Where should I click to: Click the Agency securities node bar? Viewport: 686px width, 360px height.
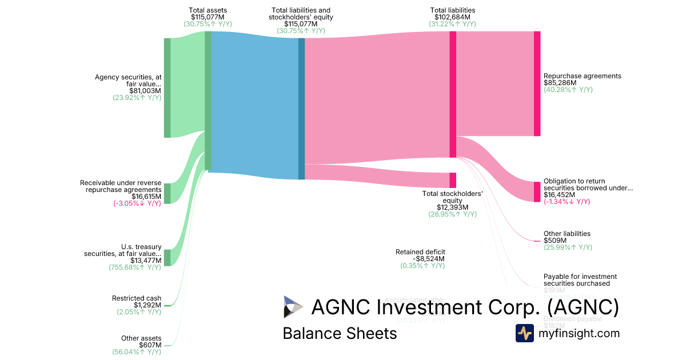(x=167, y=87)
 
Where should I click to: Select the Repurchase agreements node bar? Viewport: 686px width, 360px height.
(x=537, y=83)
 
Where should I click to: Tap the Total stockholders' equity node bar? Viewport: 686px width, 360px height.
(x=453, y=180)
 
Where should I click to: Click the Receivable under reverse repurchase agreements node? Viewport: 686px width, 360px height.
(x=167, y=193)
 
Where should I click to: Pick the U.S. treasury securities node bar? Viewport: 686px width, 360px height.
(x=167, y=258)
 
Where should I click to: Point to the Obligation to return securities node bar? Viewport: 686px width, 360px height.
(x=537, y=191)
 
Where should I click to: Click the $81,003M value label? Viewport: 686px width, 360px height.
(x=145, y=90)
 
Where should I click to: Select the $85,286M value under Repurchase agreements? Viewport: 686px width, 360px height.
(x=560, y=83)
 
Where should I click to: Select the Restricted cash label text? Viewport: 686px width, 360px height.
(x=137, y=298)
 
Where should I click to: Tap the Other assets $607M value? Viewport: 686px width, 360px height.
(x=150, y=345)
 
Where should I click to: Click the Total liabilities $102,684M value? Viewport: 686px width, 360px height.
(x=452, y=17)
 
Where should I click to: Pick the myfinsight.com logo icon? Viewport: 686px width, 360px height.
(x=524, y=333)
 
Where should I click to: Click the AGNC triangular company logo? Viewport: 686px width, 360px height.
(x=293, y=307)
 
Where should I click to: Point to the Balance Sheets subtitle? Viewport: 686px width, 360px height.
(x=340, y=333)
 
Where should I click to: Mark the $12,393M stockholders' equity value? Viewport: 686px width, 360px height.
(x=452, y=207)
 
